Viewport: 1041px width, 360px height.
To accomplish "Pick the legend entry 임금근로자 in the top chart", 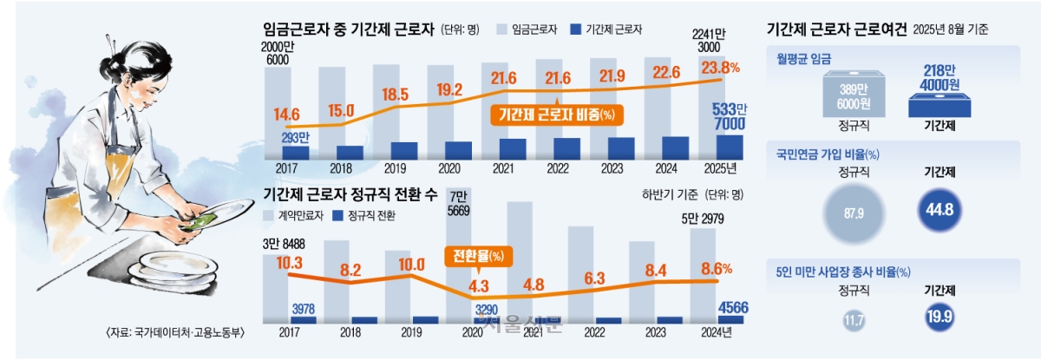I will (x=526, y=29).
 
